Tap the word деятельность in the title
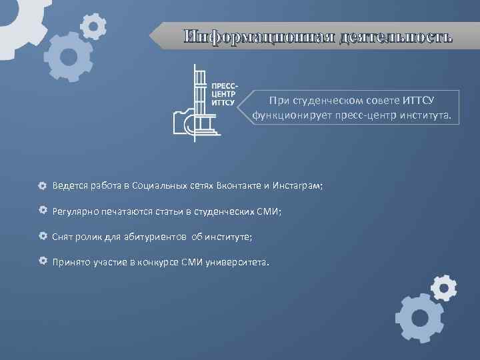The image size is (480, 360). (395, 37)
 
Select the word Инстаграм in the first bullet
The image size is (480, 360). (297, 186)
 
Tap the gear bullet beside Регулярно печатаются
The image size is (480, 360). (42, 211)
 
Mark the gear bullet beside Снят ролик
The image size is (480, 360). (42, 237)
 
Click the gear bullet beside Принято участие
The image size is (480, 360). (42, 261)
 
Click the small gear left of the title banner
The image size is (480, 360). (94, 26)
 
